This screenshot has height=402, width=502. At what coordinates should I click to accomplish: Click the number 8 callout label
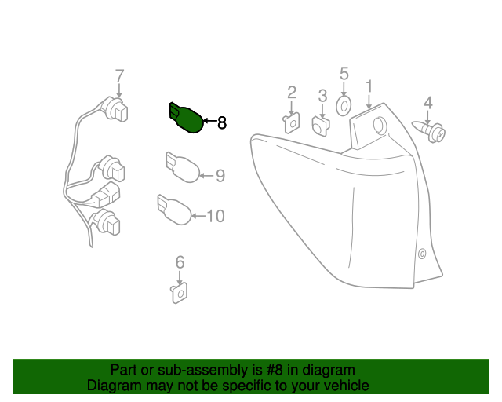tap(221, 122)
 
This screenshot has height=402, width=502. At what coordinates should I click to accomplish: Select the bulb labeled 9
tap(183, 167)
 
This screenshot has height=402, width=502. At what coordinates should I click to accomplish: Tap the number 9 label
tap(220, 176)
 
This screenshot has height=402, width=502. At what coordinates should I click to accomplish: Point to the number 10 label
tap(216, 214)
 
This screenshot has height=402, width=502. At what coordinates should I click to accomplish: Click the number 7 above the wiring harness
tap(119, 76)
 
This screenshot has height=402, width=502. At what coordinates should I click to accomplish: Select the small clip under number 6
tap(178, 294)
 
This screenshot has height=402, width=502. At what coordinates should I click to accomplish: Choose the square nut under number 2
tap(291, 122)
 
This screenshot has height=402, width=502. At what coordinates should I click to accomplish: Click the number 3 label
tap(322, 96)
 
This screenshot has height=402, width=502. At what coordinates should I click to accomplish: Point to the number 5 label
tap(344, 74)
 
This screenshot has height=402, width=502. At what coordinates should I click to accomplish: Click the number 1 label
tap(368, 85)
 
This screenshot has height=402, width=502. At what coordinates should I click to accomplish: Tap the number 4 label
tap(427, 102)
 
